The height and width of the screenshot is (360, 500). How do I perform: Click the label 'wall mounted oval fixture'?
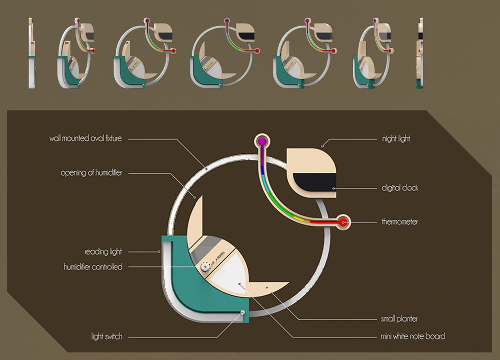click(x=85, y=139)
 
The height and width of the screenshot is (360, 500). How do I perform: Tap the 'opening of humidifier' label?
click(x=91, y=173)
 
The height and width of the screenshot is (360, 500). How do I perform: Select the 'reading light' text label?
click(x=103, y=251)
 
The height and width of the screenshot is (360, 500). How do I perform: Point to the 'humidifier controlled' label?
click(x=93, y=267)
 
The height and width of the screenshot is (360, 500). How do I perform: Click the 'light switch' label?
click(x=107, y=337)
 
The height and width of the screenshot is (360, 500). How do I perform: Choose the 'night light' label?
click(x=396, y=139)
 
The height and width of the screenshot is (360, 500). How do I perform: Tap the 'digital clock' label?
click(x=400, y=188)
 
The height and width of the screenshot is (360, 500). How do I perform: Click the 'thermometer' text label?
click(x=400, y=222)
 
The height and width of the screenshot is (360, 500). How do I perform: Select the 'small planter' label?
click(x=399, y=319)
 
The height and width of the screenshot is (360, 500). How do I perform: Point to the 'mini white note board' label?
click(x=413, y=336)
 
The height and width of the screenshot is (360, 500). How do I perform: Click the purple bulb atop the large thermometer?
click(x=261, y=141)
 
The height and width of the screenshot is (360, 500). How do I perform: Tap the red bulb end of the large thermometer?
click(x=343, y=221)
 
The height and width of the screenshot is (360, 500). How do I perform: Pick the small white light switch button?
click(x=243, y=312)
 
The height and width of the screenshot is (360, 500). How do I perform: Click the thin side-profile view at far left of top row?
click(x=31, y=52)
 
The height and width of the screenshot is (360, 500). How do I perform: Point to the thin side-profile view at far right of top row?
click(x=420, y=52)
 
